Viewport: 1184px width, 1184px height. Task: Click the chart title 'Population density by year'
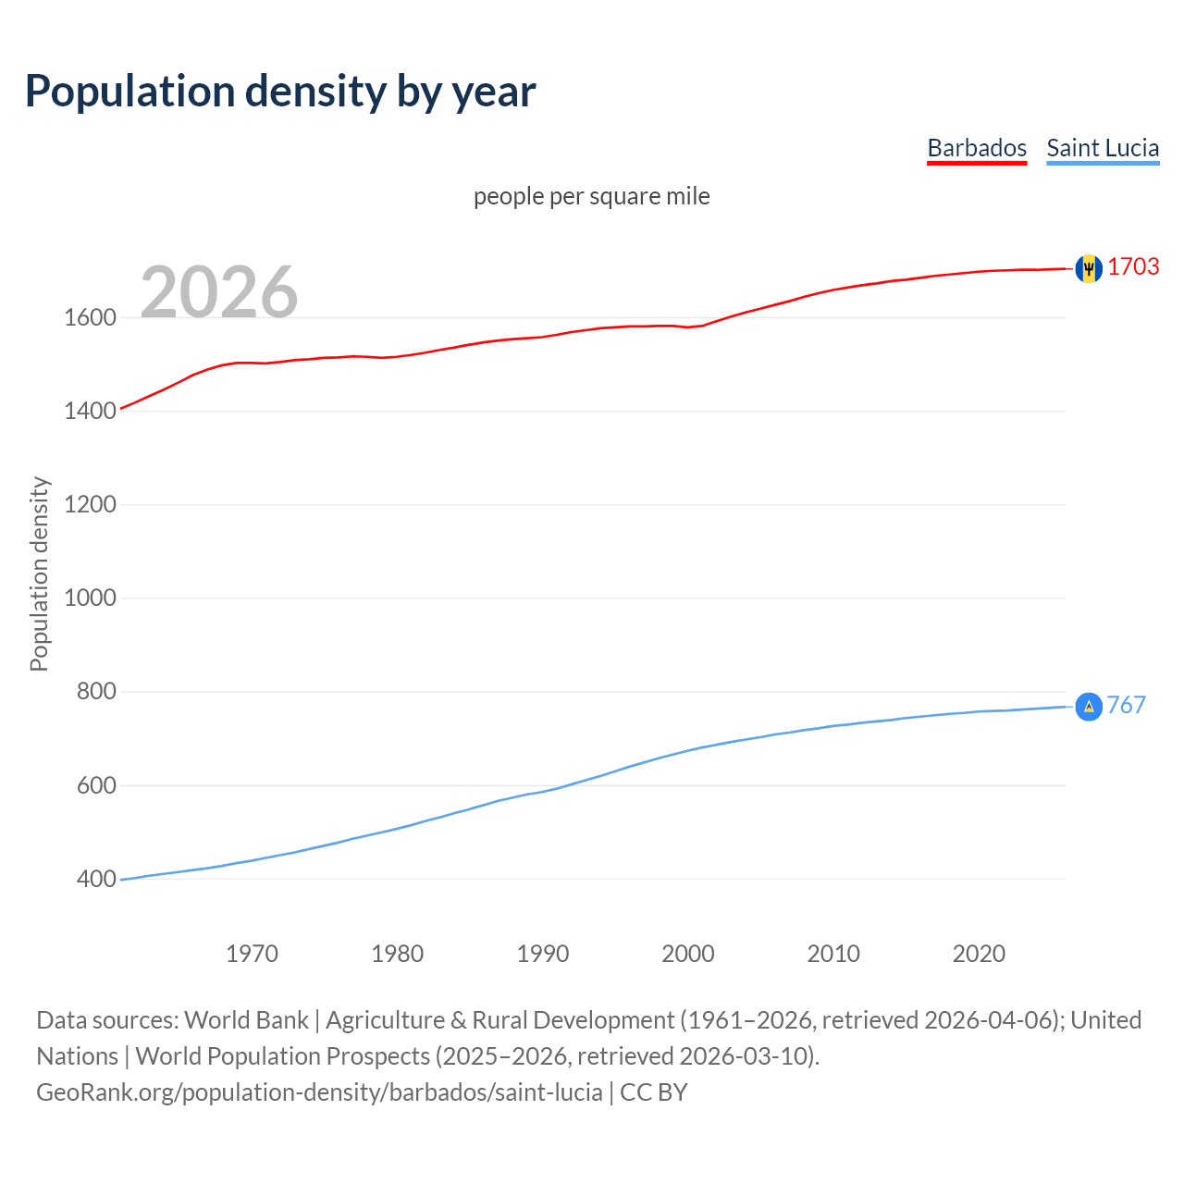[x=280, y=92]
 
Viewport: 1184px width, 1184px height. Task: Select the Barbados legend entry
[x=977, y=148]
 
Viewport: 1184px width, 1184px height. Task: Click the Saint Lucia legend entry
[x=1103, y=148]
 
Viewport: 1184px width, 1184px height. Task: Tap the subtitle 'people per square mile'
[x=591, y=197]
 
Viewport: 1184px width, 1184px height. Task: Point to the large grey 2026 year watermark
[x=219, y=292]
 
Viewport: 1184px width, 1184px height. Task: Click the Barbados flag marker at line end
[x=1089, y=268]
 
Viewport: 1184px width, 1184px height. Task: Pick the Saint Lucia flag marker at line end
[x=1089, y=707]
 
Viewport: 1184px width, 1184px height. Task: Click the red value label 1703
[x=1133, y=267]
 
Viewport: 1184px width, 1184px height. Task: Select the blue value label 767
[x=1126, y=706]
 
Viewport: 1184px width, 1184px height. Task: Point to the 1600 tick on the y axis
[x=90, y=318]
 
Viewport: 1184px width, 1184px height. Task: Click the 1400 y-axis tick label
[x=90, y=412]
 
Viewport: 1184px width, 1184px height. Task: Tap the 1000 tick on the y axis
[x=90, y=598]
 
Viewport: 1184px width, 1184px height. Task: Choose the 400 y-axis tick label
[x=96, y=880]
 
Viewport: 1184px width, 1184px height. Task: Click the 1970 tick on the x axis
[x=252, y=954]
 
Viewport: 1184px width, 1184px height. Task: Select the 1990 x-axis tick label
[x=543, y=954]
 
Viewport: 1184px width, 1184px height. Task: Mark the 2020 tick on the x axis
[x=979, y=954]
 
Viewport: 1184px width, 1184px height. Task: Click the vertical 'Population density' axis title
[x=39, y=573]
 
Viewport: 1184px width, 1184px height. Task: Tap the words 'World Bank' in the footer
[x=246, y=1020]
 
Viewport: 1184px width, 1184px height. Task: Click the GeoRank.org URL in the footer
[x=319, y=1092]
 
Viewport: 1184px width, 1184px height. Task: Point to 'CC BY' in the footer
[x=654, y=1092]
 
